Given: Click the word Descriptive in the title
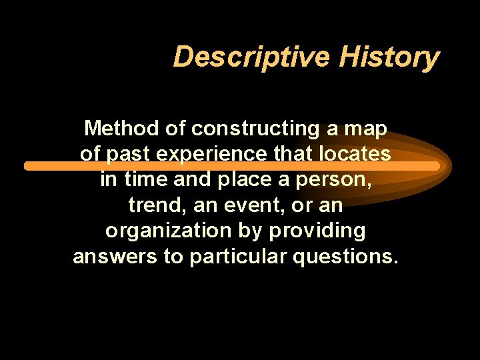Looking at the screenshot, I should (251, 57).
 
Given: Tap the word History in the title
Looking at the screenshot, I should (389, 57).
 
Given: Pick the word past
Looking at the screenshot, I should (131, 155).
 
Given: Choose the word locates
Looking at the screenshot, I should (354, 154).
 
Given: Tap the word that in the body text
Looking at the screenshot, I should (291, 154).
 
